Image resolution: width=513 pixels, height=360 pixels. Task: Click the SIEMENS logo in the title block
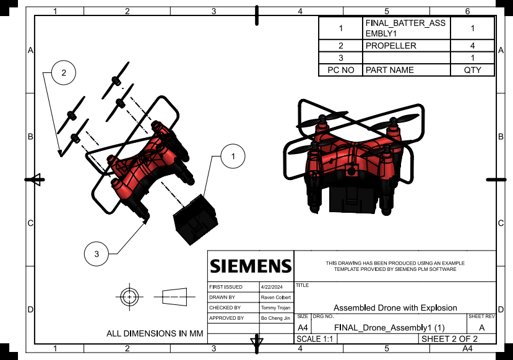[x=250, y=266]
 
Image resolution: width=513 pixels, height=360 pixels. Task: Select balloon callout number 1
[x=232, y=157]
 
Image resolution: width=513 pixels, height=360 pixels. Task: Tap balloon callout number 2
[x=63, y=72]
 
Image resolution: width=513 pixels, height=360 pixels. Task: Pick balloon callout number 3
[x=97, y=254]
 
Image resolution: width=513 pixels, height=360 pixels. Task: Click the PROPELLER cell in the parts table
[x=390, y=46]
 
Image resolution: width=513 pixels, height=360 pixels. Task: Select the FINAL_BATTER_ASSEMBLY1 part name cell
[x=405, y=28]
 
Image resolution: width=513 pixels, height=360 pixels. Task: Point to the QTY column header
[x=472, y=70]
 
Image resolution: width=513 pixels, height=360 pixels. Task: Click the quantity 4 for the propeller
[x=472, y=46]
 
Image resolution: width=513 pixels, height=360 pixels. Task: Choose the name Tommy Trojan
[x=276, y=307]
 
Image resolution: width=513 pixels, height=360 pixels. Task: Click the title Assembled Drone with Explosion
[x=395, y=307]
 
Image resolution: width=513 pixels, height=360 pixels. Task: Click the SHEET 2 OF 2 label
[x=449, y=339]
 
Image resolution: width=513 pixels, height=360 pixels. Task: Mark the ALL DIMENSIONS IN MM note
[x=155, y=333]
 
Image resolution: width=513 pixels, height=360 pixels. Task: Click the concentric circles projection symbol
[x=129, y=297]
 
